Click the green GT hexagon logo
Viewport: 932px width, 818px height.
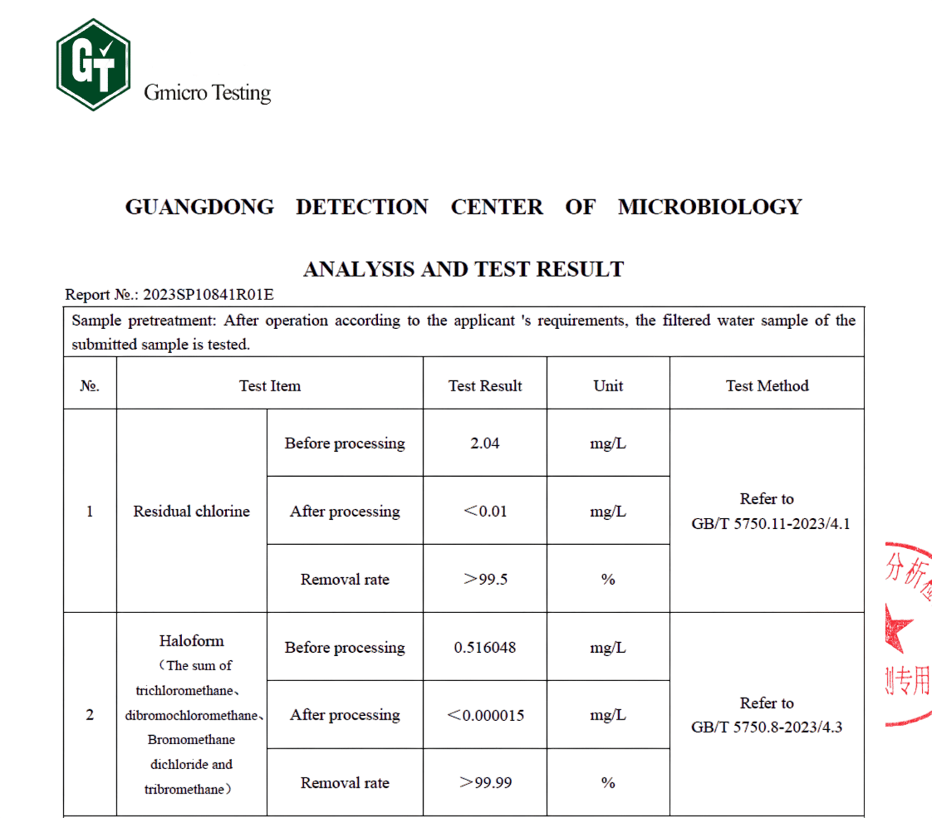93,65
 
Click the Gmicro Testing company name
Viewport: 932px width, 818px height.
208,92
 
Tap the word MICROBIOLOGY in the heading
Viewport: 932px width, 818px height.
709,207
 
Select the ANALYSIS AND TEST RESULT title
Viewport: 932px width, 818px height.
464,269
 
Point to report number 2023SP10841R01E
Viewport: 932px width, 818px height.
208,294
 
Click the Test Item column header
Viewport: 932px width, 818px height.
269,385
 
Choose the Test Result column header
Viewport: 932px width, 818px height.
485,385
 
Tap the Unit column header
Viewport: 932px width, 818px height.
608,385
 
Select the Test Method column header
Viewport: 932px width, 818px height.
767,385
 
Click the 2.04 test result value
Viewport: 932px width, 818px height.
485,443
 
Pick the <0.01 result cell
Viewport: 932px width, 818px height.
485,511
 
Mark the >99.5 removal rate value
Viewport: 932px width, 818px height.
485,579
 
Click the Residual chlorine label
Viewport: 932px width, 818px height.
191,511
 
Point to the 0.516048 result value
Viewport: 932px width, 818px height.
485,647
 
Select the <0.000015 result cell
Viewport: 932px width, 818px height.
485,715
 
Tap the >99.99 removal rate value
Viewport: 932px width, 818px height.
485,782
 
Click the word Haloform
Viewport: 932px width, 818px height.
191,640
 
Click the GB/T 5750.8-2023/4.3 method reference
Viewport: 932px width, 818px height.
767,727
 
